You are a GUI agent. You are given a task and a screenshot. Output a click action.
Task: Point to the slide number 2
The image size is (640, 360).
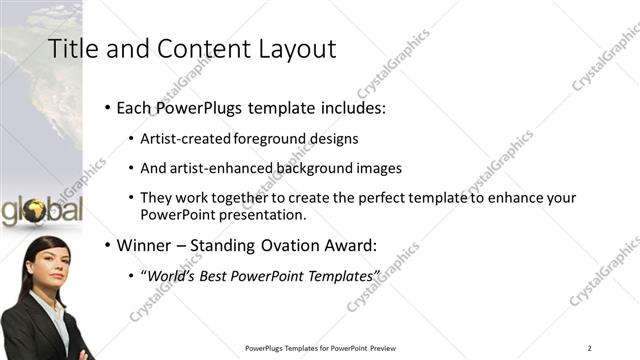(x=590, y=347)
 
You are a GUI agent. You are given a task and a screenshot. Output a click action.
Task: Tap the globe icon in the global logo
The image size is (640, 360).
(x=36, y=211)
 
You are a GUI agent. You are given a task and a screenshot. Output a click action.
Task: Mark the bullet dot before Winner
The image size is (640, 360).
(x=108, y=244)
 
